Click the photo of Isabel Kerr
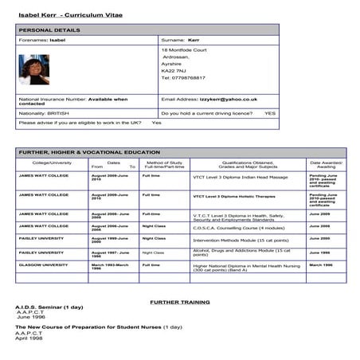pyautogui.click(x=34, y=69)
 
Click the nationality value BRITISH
pyautogui.click(x=64, y=113)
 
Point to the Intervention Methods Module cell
pyautogui.click(x=239, y=239)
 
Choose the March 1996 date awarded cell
pyautogui.click(x=321, y=264)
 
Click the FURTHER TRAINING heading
pyautogui.click(x=180, y=302)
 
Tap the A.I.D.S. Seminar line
pyautogui.click(x=47, y=307)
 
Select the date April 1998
pyautogui.click(x=29, y=338)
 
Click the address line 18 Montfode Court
pyautogui.click(x=184, y=50)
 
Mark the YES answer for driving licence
pyautogui.click(x=270, y=113)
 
